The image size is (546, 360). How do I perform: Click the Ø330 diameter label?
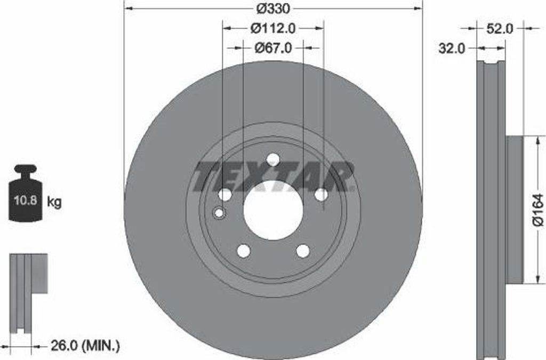tap(274, 9)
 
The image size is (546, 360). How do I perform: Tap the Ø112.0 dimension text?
tap(273, 28)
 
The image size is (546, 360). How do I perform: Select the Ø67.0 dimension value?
tap(273, 47)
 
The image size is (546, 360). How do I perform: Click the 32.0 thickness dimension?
tap(451, 49)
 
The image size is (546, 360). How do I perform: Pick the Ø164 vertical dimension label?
tap(539, 210)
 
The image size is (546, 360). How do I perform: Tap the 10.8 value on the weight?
tap(25, 201)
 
